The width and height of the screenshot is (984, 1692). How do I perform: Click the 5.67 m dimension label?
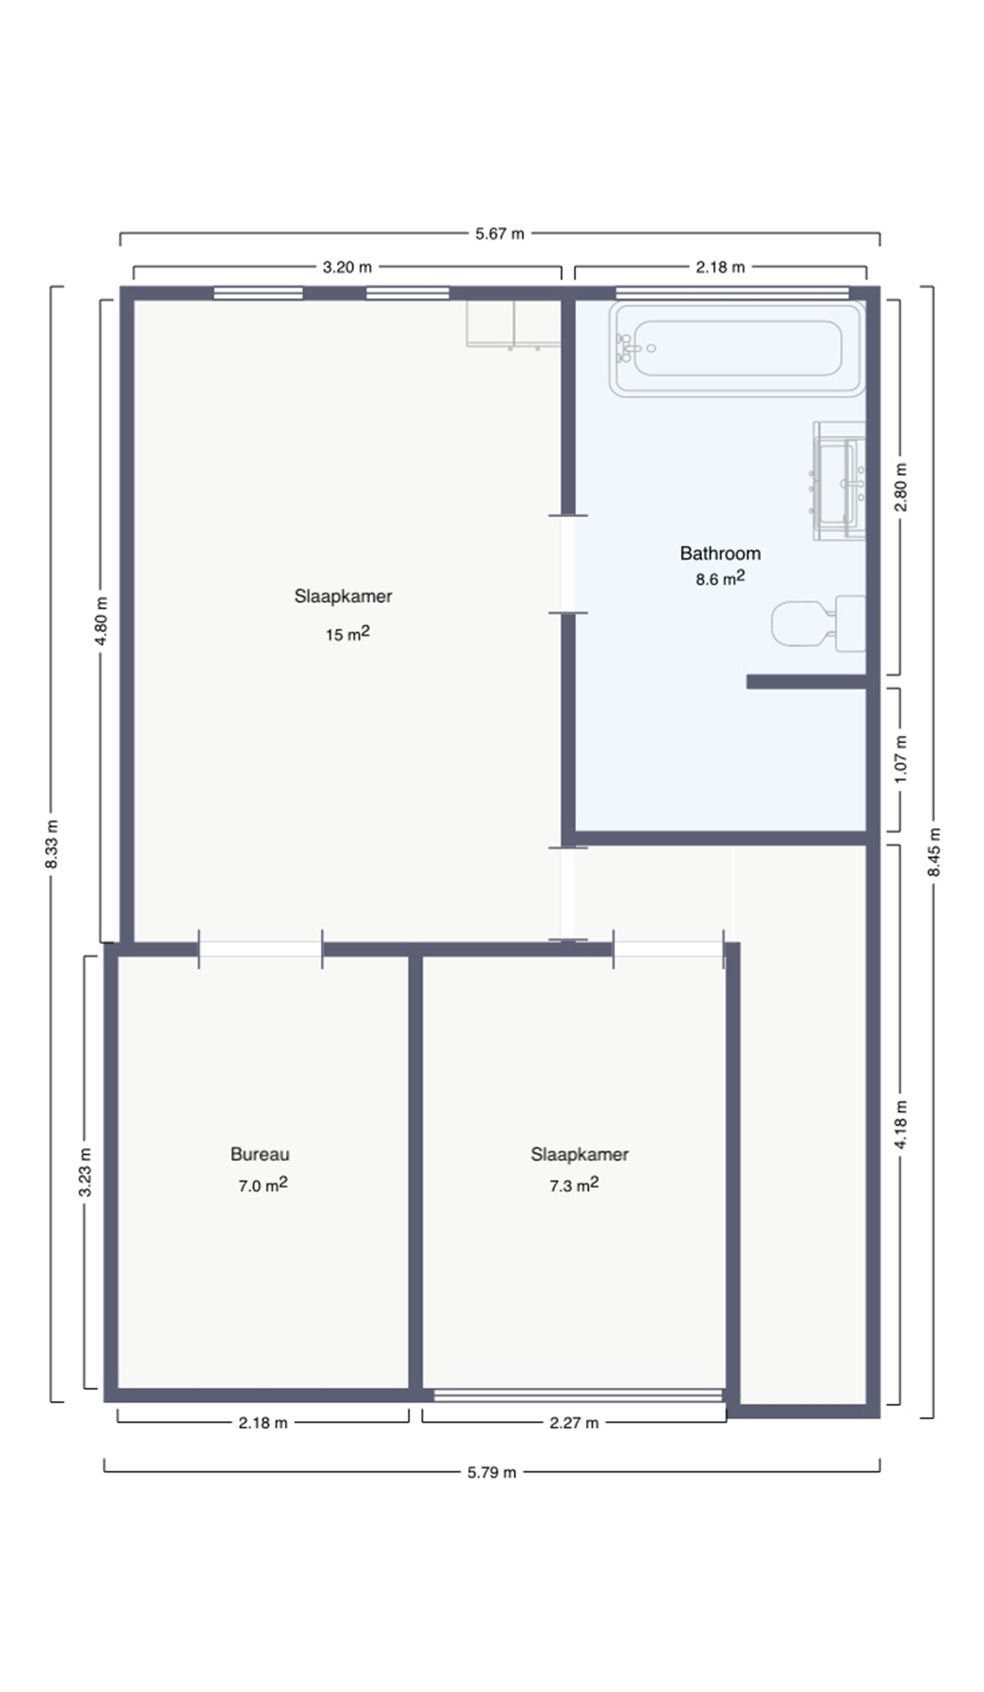point(499,234)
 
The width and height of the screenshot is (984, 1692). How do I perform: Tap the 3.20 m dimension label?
point(347,267)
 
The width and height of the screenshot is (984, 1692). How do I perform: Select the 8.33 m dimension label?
point(52,844)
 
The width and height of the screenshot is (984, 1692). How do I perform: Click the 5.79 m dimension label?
point(492,1473)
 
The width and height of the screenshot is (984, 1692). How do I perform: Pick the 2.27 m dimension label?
point(574,1423)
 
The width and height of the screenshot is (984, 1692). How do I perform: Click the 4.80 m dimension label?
point(102,620)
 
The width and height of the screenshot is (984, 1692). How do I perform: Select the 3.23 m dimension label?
point(85,1172)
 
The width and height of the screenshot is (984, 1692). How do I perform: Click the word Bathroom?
point(720,553)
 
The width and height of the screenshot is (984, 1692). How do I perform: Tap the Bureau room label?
point(260,1154)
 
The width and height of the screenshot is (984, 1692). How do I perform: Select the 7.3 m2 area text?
point(574,1185)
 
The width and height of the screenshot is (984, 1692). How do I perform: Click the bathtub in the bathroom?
point(737,349)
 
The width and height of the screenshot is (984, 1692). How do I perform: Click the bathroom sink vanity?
point(839,481)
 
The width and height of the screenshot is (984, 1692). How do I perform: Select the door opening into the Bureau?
point(260,949)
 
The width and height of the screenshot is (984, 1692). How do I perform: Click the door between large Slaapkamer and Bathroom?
point(568,564)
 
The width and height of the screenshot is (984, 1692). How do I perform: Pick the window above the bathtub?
point(732,293)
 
